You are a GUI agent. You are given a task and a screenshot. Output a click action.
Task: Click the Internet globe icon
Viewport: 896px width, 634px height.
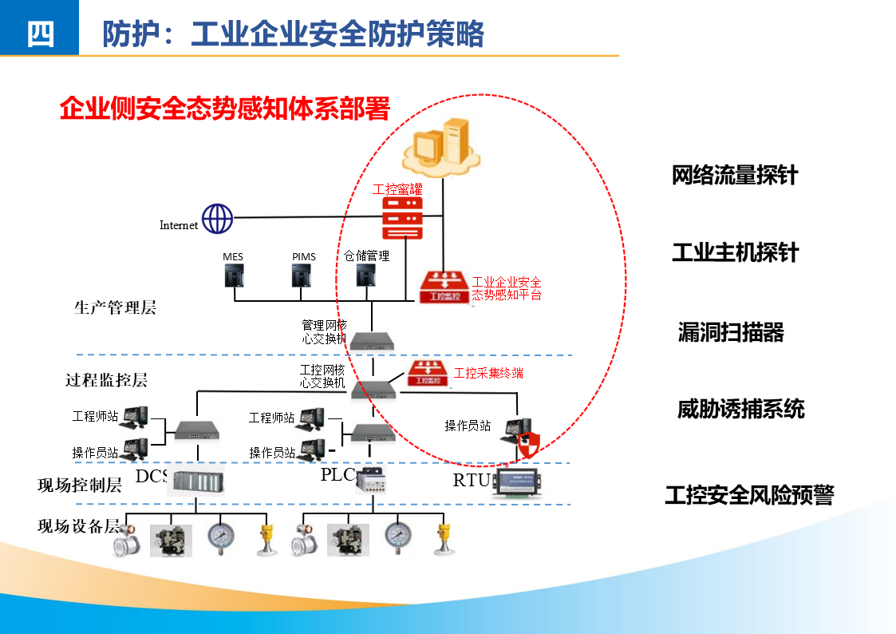(217, 218)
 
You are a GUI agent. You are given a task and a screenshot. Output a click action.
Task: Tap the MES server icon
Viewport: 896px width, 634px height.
(233, 275)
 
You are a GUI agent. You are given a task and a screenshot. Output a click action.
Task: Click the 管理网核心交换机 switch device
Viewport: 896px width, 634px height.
(372, 340)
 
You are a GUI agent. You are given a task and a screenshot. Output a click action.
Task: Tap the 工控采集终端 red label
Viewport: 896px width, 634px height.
(488, 373)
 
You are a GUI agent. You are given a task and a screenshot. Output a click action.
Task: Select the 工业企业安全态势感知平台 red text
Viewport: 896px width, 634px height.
(507, 288)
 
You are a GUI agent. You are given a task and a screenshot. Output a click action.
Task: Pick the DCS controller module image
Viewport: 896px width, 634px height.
(196, 481)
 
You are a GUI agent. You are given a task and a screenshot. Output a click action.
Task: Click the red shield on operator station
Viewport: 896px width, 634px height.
(528, 445)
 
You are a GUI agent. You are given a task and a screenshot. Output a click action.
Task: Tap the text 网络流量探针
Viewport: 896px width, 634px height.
(735, 176)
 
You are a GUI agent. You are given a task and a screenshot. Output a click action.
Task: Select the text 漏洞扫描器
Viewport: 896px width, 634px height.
(731, 332)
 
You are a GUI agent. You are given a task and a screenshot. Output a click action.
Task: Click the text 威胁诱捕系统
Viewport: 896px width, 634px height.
(741, 410)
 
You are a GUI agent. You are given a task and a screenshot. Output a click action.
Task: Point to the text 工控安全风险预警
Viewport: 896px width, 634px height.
(749, 495)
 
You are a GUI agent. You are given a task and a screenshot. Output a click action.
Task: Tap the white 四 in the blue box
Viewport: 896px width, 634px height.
(40, 34)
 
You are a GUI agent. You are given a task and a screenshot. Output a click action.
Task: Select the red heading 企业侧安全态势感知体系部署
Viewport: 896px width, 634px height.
(224, 108)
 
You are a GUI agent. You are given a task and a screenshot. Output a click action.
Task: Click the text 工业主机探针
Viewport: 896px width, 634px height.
(735, 253)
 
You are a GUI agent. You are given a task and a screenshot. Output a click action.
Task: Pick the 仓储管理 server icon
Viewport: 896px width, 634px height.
(365, 275)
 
